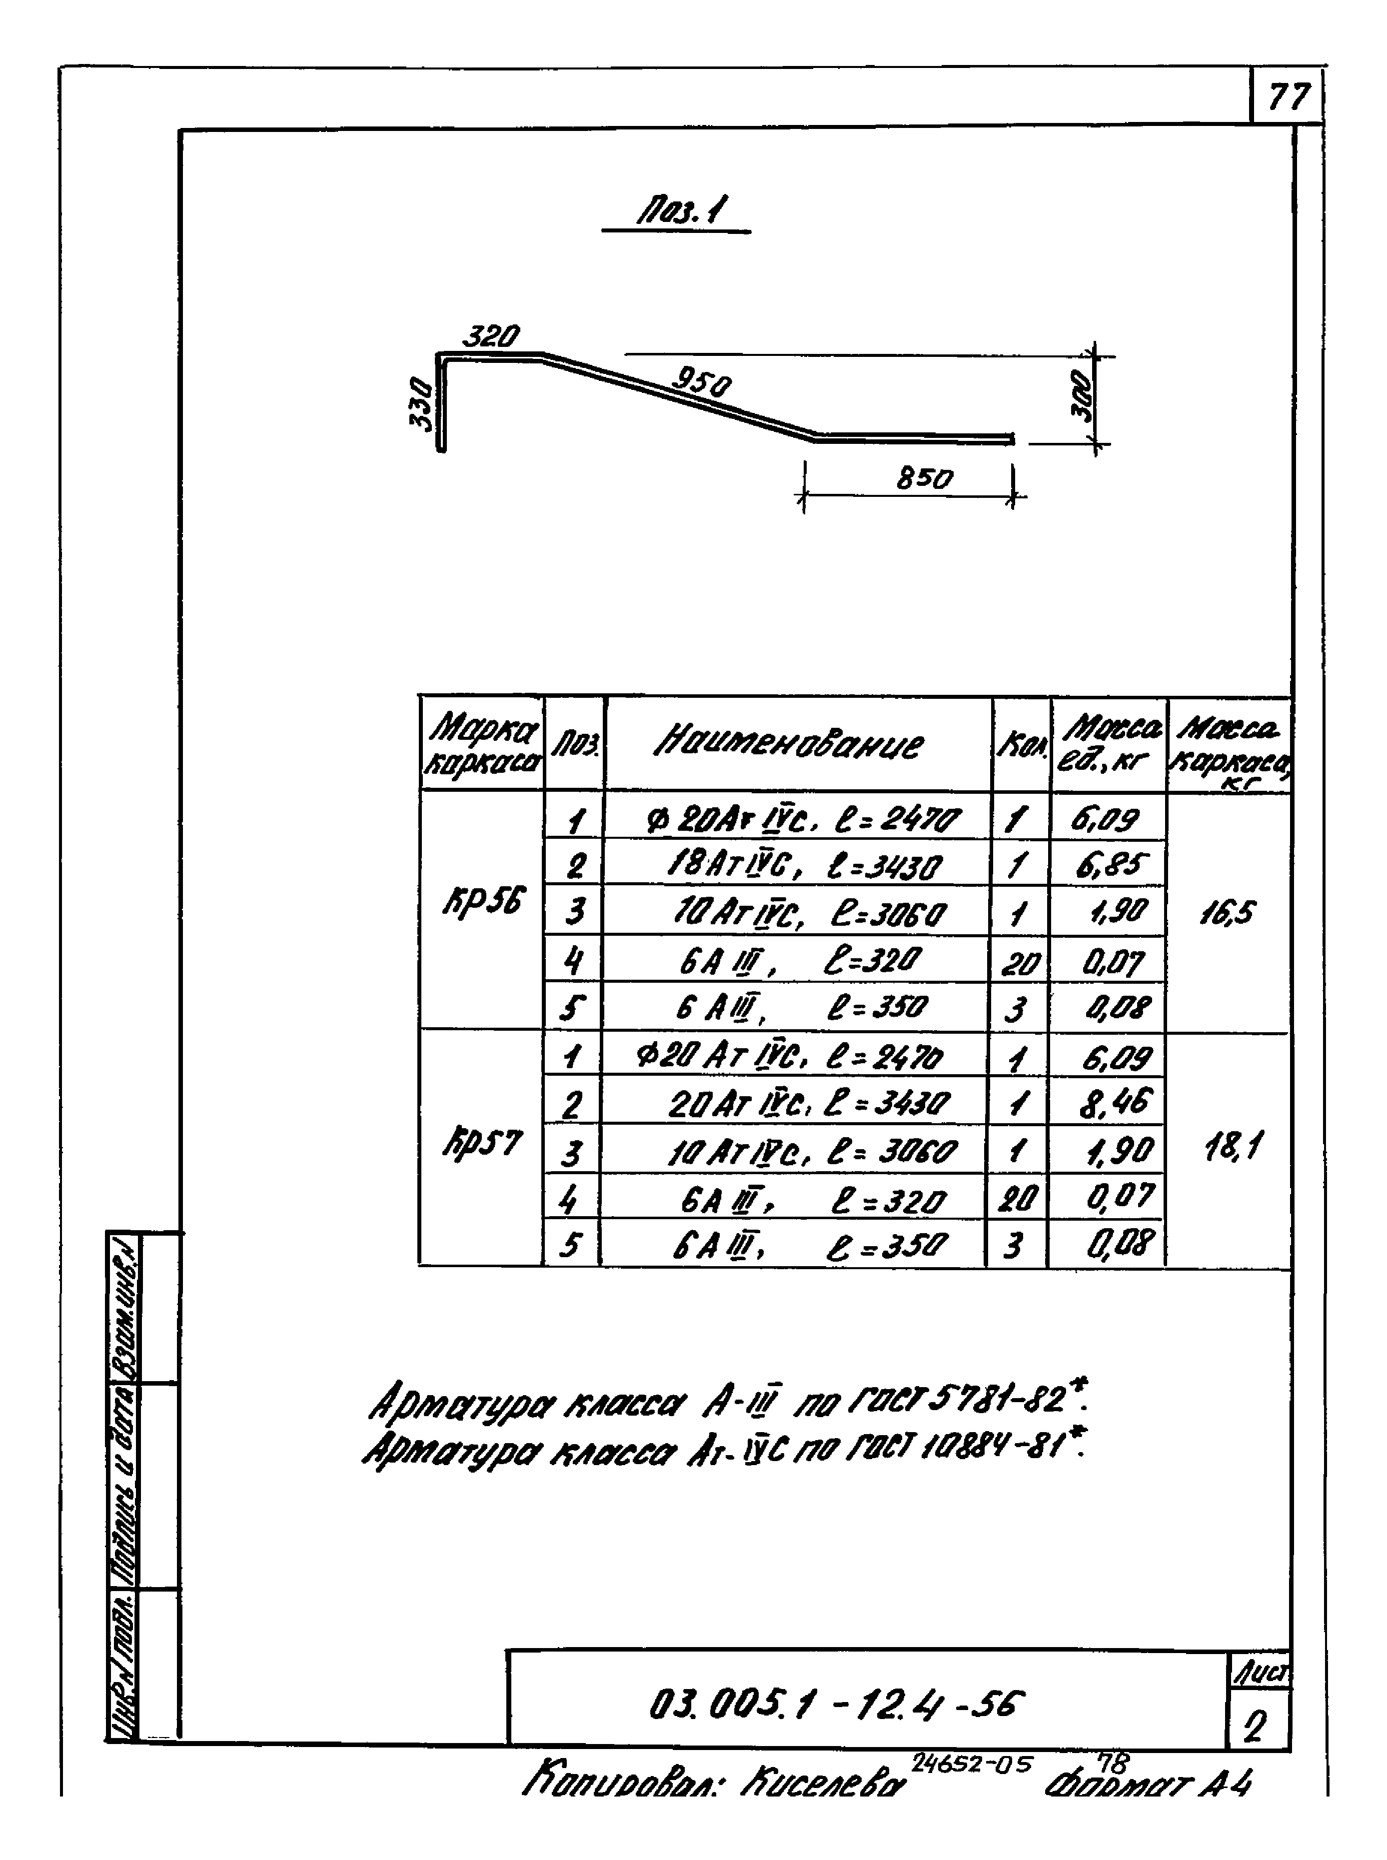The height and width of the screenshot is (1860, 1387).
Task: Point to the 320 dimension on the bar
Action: [492, 337]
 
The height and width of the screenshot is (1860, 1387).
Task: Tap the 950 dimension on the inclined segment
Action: [701, 384]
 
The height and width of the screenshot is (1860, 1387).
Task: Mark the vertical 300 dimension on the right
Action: [1086, 396]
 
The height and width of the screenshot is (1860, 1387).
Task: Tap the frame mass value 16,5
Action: [1228, 912]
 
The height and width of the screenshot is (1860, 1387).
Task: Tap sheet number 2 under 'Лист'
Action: [1255, 1727]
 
